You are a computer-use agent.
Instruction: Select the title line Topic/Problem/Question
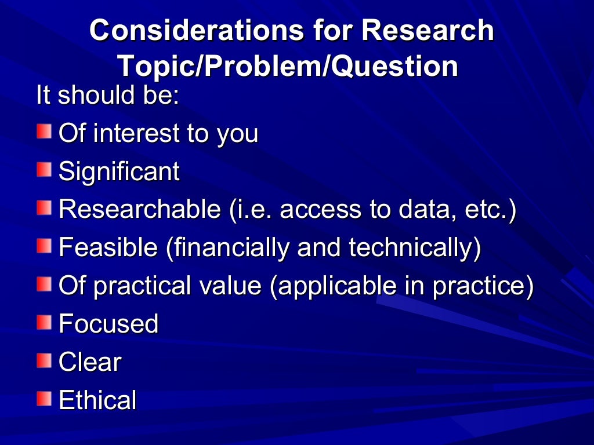pos(288,67)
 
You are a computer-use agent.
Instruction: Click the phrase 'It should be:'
pos(107,95)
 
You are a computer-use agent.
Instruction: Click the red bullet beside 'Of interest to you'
pos(44,132)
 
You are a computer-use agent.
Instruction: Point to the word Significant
pos(119,172)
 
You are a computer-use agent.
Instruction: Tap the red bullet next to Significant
pos(44,170)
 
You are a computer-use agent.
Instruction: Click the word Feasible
pos(108,248)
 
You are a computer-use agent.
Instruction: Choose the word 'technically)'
pos(415,248)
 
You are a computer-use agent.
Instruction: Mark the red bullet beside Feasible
pos(44,247)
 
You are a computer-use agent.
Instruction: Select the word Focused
pos(108,324)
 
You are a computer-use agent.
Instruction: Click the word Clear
pos(90,362)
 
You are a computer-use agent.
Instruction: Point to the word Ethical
pos(97,400)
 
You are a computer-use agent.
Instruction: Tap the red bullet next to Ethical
pos(44,399)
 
